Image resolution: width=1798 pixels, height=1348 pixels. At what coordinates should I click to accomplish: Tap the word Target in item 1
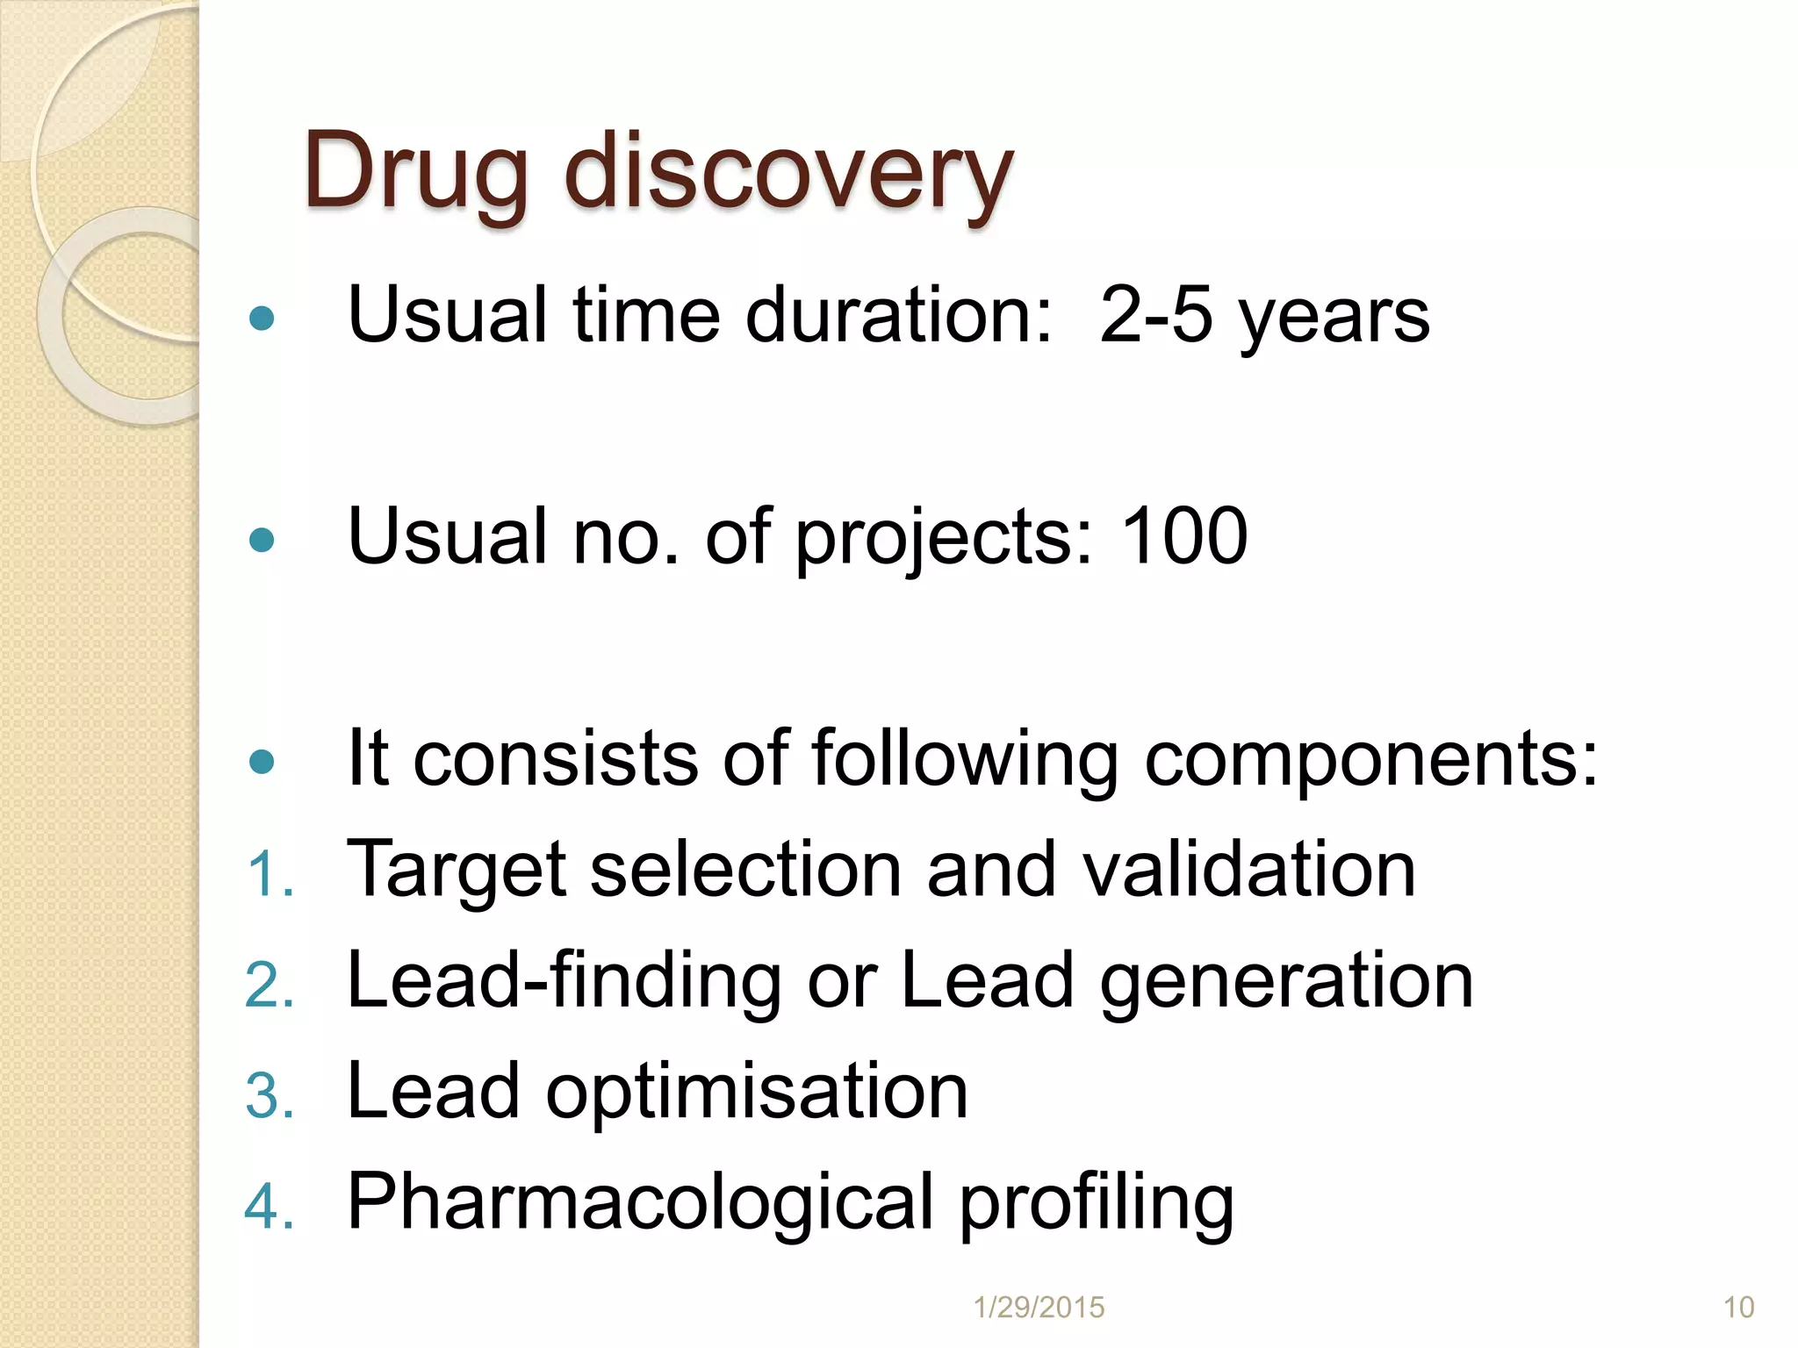pyautogui.click(x=457, y=871)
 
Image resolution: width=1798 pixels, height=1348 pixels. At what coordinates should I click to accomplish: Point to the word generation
pyautogui.click(x=1286, y=983)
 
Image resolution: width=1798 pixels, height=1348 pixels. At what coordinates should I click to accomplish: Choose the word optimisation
pyautogui.click(x=757, y=1093)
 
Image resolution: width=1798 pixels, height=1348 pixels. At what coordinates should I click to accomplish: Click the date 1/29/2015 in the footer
pyautogui.click(x=1039, y=1308)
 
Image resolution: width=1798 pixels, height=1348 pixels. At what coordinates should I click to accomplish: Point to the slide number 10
pyautogui.click(x=1738, y=1308)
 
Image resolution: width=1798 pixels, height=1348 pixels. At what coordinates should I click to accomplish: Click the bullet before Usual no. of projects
pyautogui.click(x=262, y=539)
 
